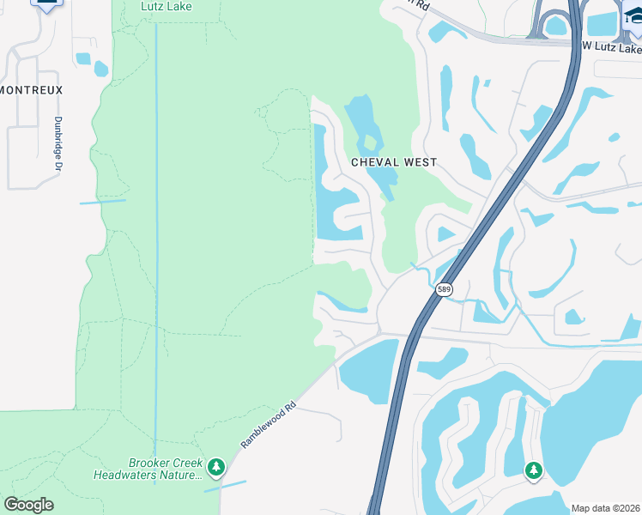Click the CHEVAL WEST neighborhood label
394,162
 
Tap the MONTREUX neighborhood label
32,90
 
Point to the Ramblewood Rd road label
268,426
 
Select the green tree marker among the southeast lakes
534,470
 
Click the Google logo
28,505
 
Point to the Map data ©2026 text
606,508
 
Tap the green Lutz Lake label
167,7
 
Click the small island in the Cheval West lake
371,142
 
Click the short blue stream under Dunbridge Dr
102,202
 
